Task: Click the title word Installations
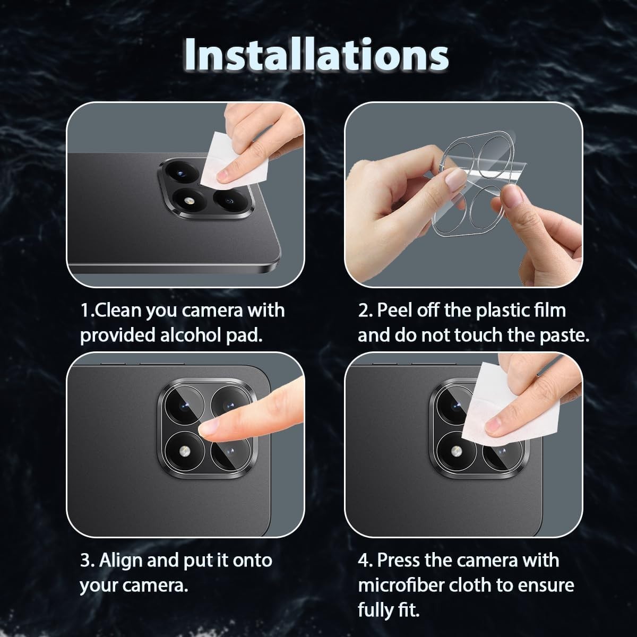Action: click(316, 55)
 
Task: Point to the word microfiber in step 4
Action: click(401, 585)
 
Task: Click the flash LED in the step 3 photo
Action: click(184, 451)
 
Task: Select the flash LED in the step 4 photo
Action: click(456, 451)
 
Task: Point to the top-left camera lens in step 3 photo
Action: click(184, 405)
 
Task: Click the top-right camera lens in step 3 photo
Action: click(230, 404)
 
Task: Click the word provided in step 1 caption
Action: click(118, 335)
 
